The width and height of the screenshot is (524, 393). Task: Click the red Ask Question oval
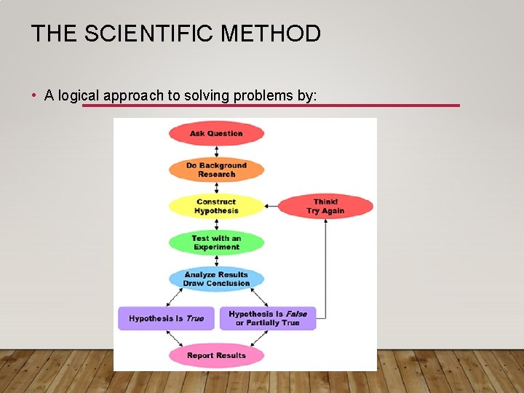[216, 133]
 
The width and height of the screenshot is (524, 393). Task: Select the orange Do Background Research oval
[216, 170]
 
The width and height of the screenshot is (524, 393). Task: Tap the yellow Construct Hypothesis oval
[216, 206]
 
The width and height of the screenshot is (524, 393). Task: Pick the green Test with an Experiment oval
[216, 242]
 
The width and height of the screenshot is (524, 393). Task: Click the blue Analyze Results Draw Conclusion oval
[216, 279]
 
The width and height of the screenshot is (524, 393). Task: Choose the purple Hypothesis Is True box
[166, 318]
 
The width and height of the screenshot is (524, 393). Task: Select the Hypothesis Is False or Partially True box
[268, 318]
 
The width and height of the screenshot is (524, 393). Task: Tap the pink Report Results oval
[216, 355]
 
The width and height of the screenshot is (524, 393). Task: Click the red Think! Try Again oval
[325, 206]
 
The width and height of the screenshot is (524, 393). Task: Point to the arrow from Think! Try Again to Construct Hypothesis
[271, 206]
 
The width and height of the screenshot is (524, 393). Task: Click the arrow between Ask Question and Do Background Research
[216, 151]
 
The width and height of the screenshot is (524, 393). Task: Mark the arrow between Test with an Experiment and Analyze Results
[216, 261]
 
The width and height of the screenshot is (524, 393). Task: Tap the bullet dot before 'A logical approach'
[35, 95]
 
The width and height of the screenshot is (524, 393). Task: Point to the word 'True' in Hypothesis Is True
[195, 318]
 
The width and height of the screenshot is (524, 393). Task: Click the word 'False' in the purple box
[296, 314]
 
